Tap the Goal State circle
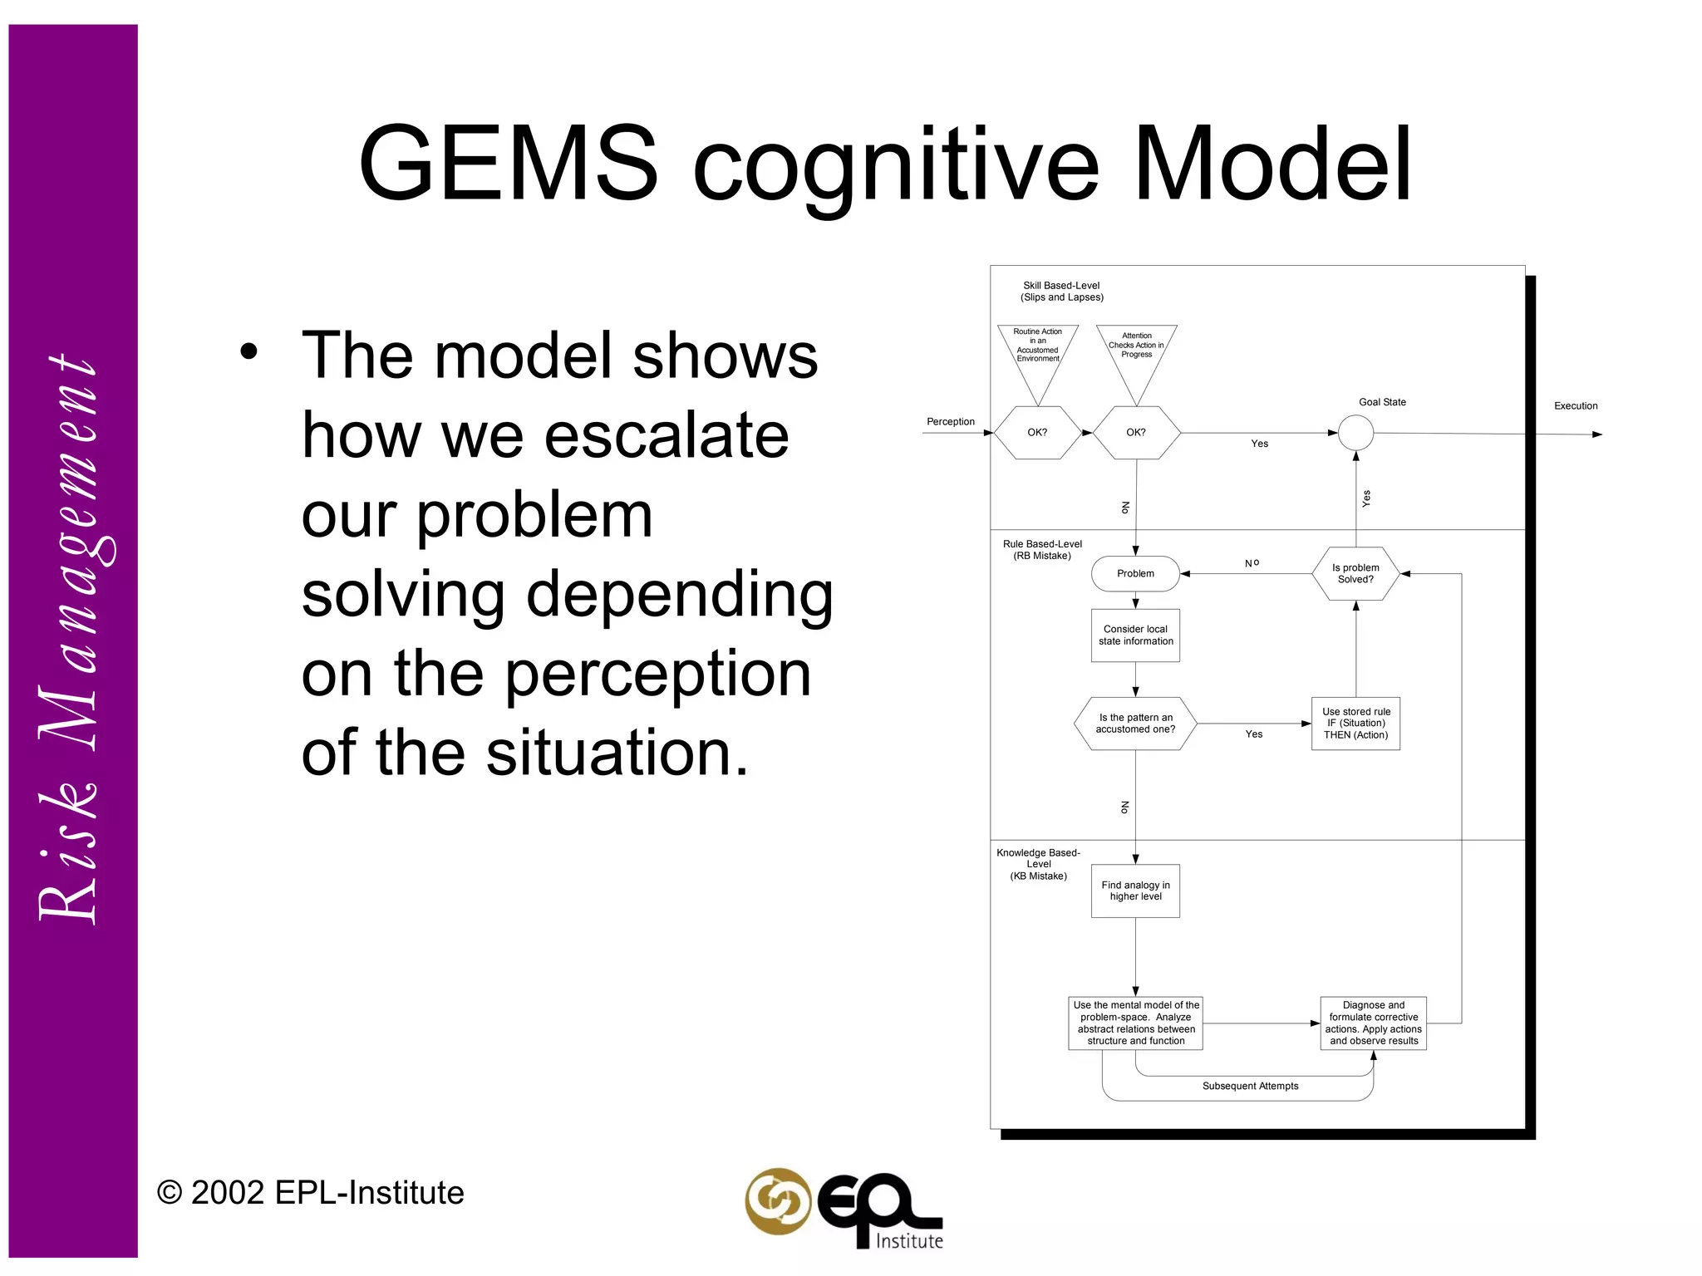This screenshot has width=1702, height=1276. coord(1355,433)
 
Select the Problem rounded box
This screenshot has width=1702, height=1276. coord(1135,574)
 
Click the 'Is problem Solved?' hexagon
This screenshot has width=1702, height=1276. coord(1355,574)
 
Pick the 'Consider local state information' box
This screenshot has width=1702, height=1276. coord(1135,636)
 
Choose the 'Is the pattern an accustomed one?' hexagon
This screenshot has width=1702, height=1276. coord(1135,724)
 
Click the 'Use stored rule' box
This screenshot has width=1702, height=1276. coord(1355,724)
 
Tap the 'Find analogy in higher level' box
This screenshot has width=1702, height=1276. coord(1135,891)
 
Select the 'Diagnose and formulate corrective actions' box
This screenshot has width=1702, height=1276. coord(1373,1023)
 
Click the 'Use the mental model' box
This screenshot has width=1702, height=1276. coord(1135,1023)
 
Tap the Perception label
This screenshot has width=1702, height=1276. coord(951,422)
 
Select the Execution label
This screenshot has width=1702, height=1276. coord(1576,406)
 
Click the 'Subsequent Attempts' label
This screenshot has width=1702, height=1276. coord(1250,1087)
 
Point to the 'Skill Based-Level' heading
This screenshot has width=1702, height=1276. coord(1062,292)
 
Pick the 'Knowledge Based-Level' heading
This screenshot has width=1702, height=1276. coord(1038,864)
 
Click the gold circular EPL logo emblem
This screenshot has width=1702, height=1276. coord(778,1202)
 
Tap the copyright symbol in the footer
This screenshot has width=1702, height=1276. coord(170,1194)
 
